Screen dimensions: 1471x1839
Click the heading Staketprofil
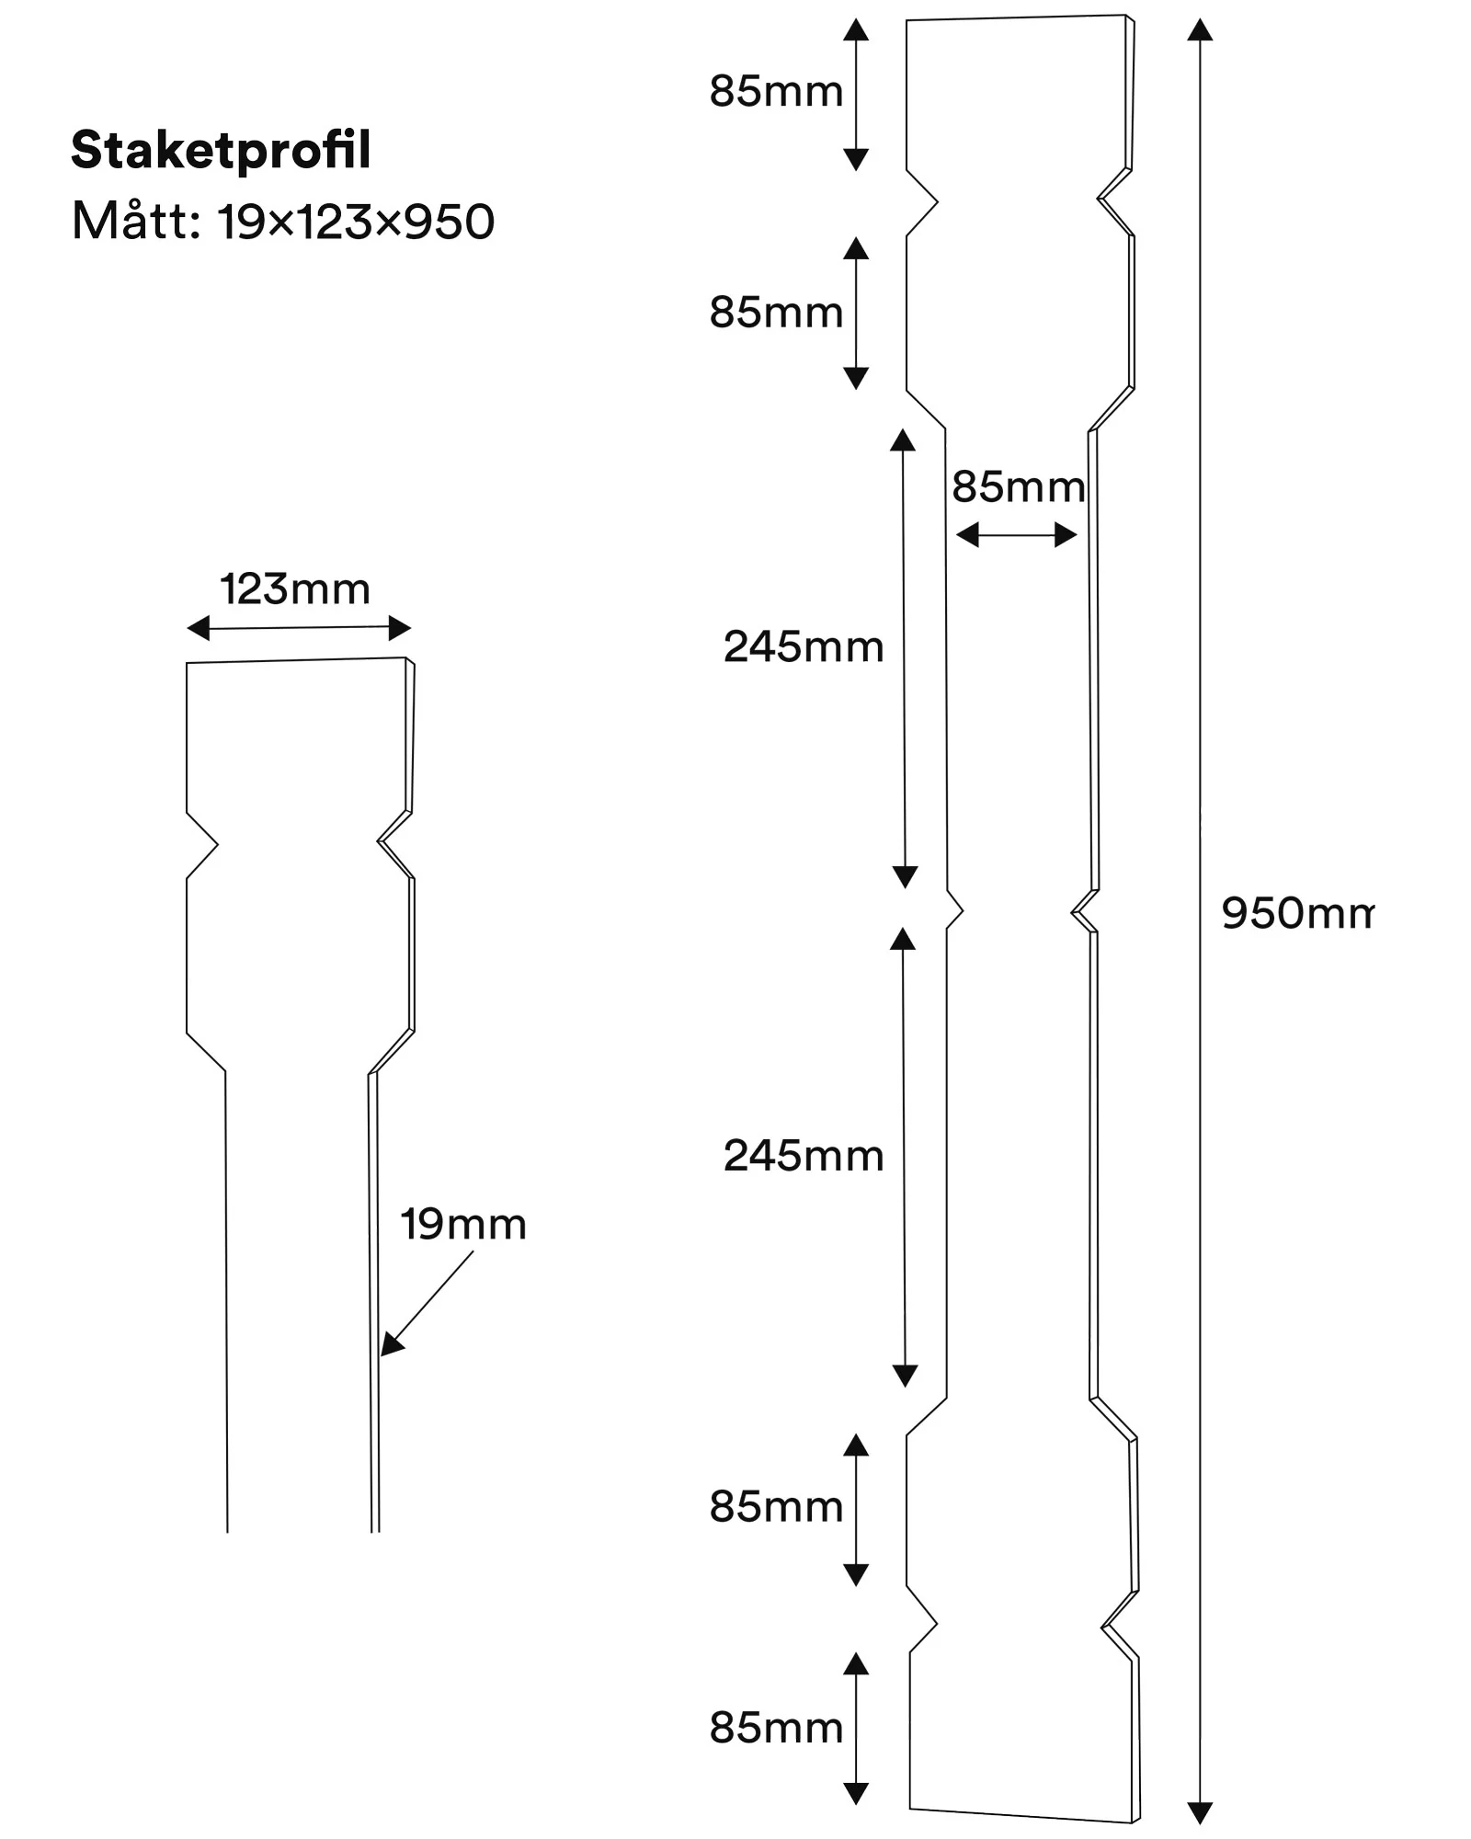tap(221, 151)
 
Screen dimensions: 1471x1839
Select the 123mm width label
tap(295, 589)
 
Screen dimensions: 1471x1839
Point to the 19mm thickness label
tap(463, 1225)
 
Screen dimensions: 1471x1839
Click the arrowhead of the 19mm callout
tap(391, 1344)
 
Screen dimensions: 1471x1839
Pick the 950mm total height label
tap(1297, 913)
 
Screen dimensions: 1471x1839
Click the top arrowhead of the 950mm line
tap(1200, 29)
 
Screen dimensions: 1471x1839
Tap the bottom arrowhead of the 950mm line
tap(1200, 1811)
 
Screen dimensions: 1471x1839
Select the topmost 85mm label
tap(776, 92)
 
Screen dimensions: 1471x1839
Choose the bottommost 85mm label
tap(776, 1729)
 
